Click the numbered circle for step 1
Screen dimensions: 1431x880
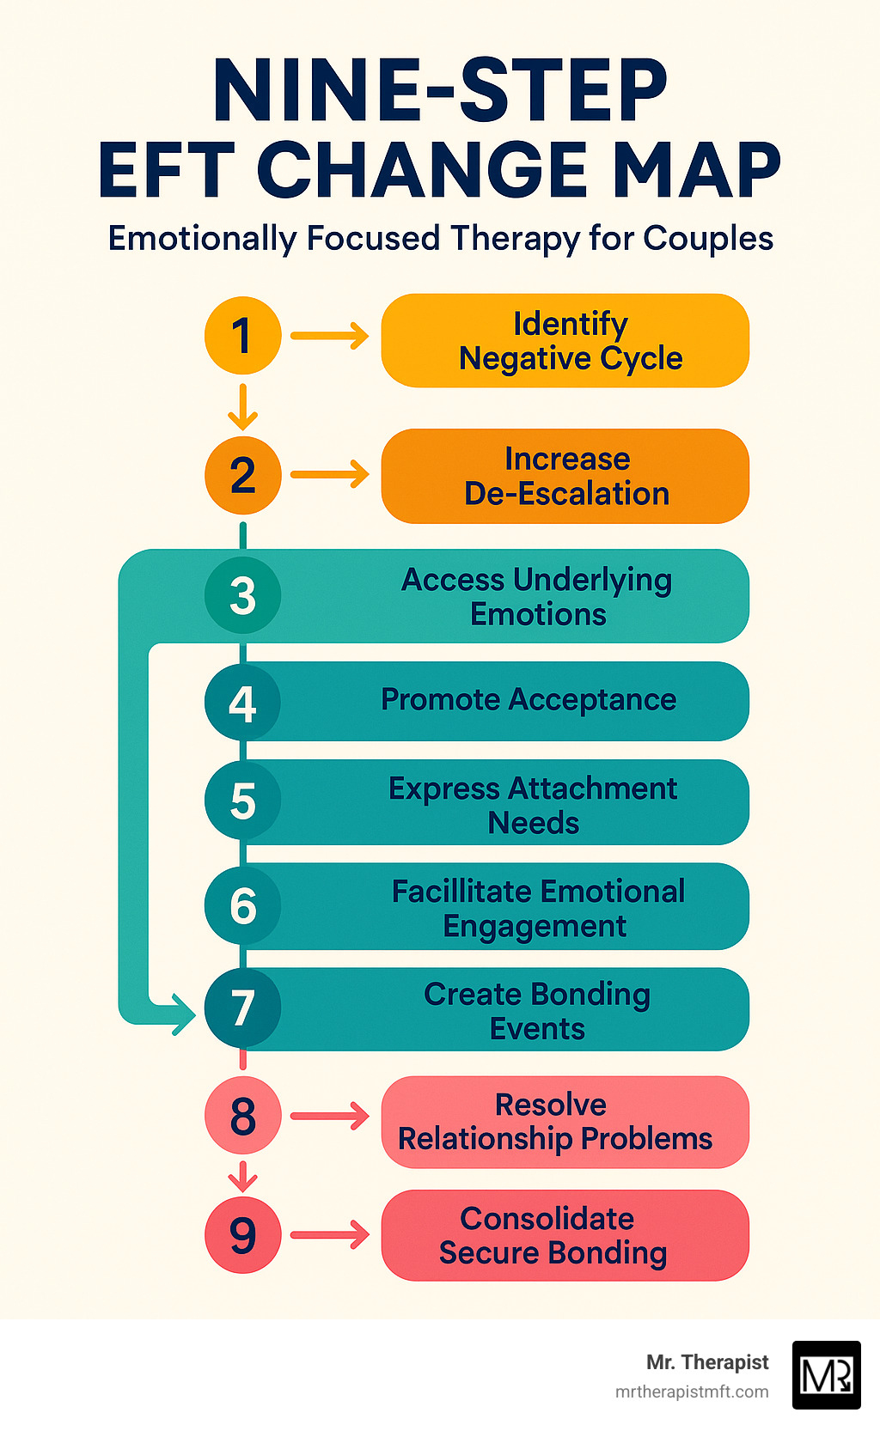(x=243, y=335)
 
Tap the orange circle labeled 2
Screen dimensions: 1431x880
(x=243, y=475)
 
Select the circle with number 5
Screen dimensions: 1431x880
(x=243, y=801)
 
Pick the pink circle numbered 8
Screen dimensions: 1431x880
(x=243, y=1115)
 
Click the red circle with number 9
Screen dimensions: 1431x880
(x=243, y=1234)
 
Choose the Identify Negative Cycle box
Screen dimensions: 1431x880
(x=565, y=341)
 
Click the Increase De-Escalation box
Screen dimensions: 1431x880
(x=565, y=476)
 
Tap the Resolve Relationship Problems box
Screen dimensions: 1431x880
(x=565, y=1122)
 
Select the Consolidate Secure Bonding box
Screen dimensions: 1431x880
(x=565, y=1235)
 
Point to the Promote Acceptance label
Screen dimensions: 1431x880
(x=529, y=700)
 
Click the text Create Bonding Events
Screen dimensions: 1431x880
(x=537, y=1011)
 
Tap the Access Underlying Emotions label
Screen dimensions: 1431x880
(x=537, y=597)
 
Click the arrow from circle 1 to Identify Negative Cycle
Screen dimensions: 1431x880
(x=329, y=335)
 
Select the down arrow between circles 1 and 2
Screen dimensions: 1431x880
(x=243, y=406)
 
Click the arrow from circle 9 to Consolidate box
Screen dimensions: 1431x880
(x=329, y=1235)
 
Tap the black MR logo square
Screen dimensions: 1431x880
(x=826, y=1374)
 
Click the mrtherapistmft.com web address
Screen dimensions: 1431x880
(x=692, y=1391)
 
